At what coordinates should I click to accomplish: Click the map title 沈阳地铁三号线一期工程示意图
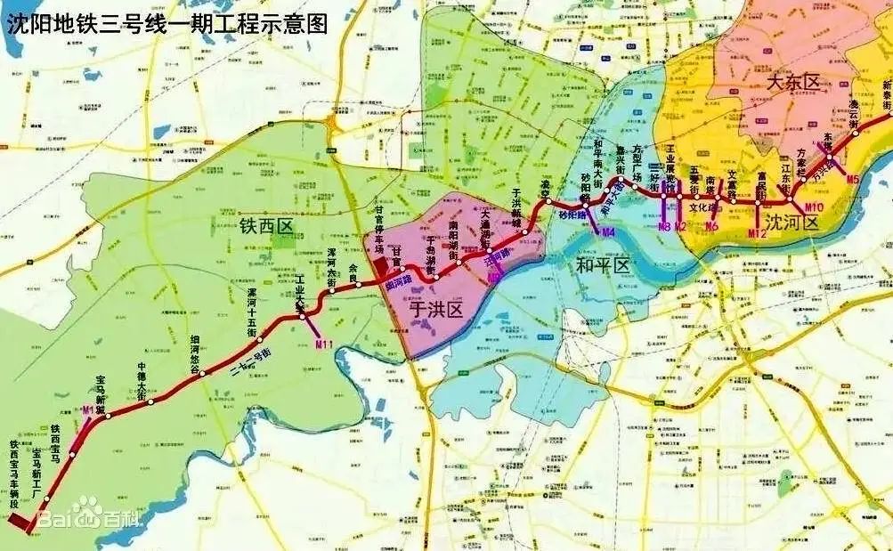[166, 21]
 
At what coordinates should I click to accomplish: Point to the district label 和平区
[603, 264]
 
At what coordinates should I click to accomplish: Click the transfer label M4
[608, 233]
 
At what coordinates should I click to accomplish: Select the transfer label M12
[757, 234]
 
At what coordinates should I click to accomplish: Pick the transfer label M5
[853, 179]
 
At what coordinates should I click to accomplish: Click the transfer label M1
[87, 410]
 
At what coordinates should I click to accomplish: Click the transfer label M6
[710, 226]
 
